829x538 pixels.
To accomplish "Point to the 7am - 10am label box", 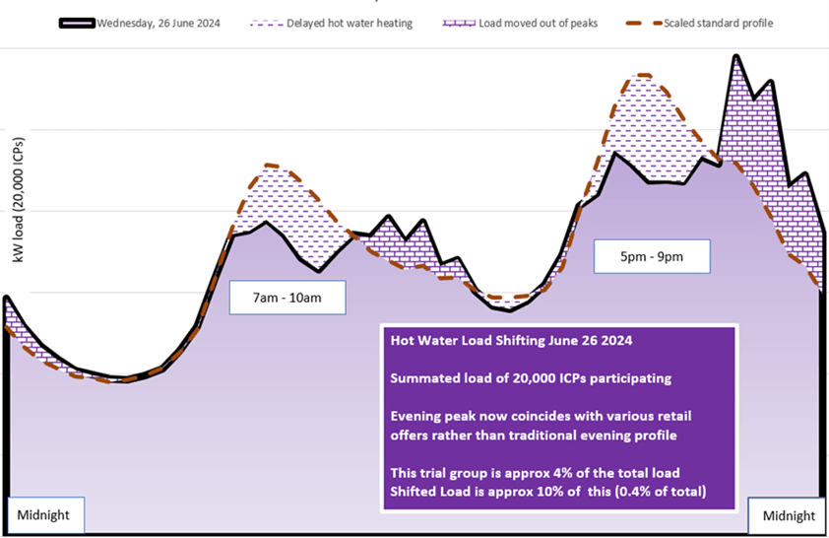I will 287,297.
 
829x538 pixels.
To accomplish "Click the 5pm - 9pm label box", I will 651,257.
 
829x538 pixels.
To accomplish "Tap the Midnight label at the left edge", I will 44,514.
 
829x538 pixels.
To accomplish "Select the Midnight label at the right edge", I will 789,515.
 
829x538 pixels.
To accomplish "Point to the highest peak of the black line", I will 735,56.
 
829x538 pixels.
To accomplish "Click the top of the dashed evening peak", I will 643,75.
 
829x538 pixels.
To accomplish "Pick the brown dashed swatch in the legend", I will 640,23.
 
